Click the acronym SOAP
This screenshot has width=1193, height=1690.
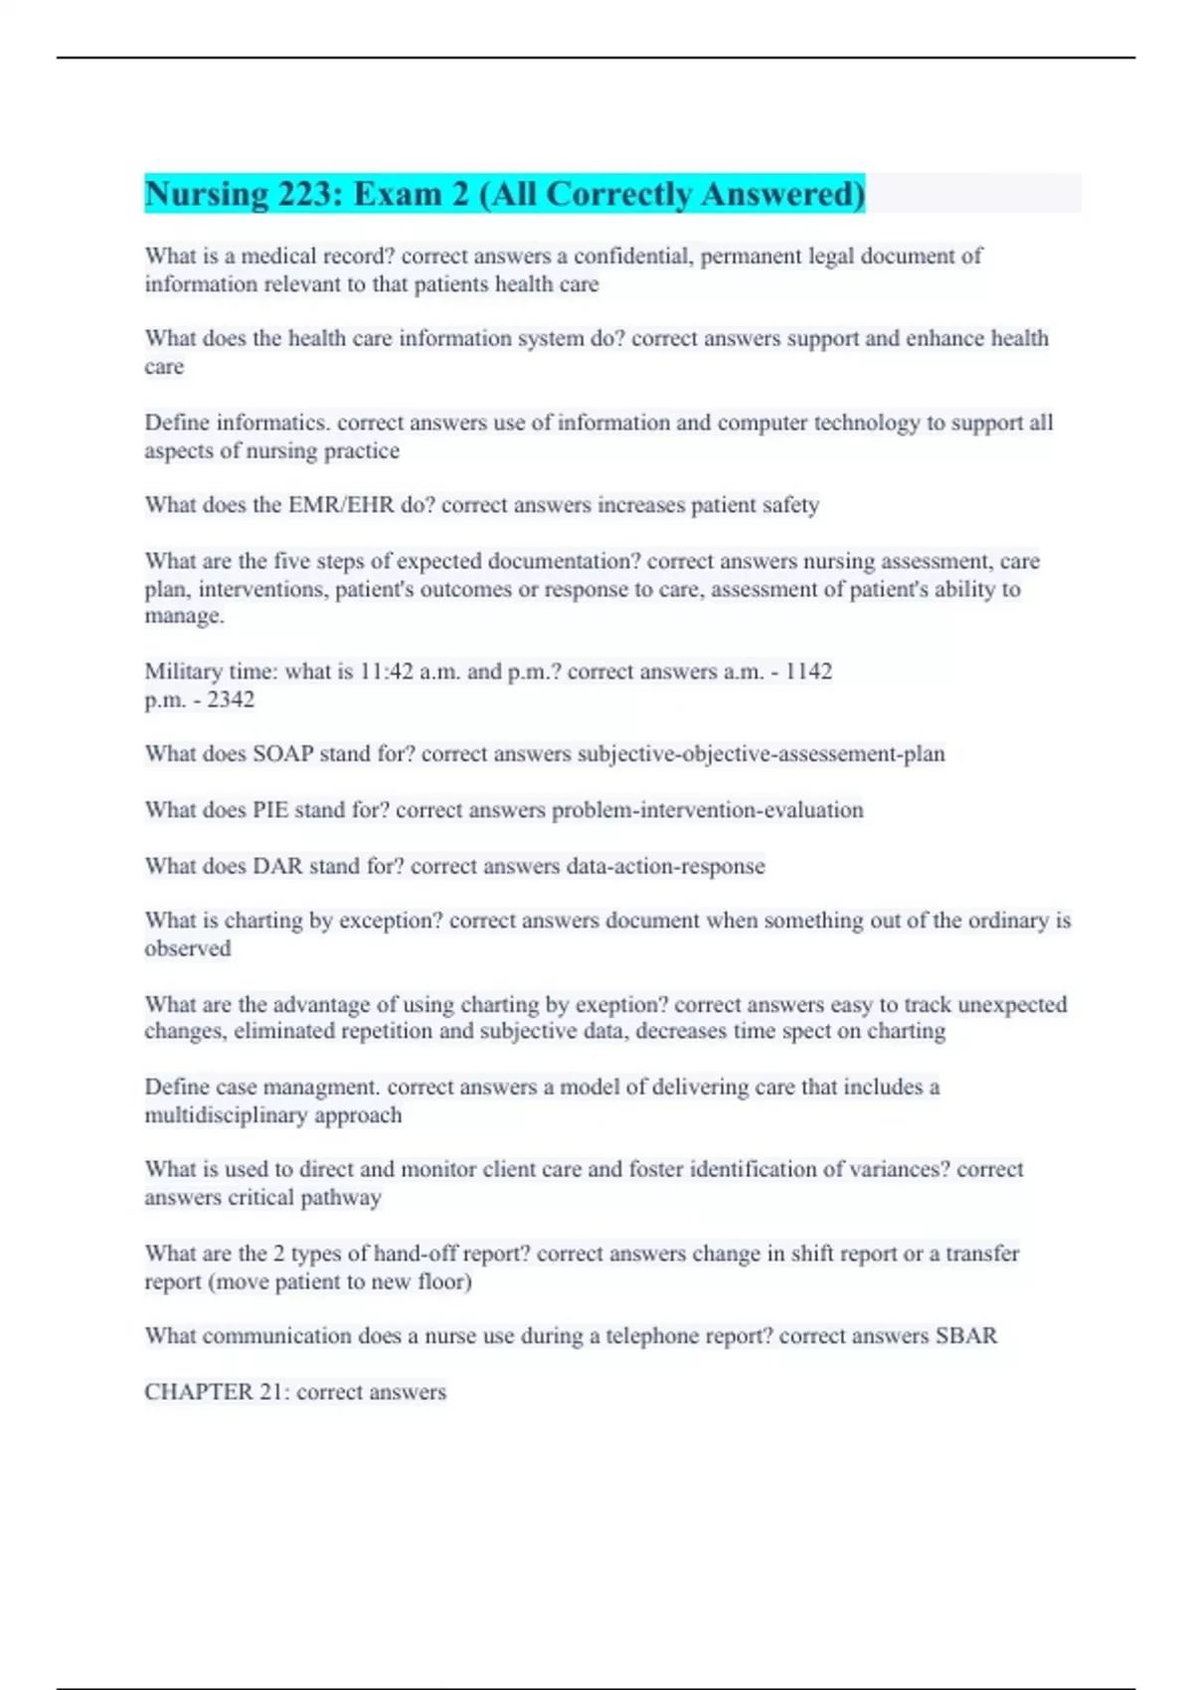pos(282,755)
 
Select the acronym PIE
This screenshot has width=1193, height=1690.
pos(269,810)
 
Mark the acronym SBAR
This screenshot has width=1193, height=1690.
pos(965,1336)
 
